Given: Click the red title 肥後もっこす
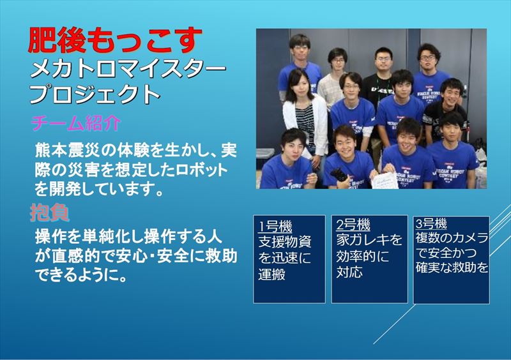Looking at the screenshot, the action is [x=115, y=40].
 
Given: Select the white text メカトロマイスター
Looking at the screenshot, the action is [x=128, y=70].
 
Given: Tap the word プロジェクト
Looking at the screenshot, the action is [x=95, y=94].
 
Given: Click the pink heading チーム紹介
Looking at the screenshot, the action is [x=75, y=123].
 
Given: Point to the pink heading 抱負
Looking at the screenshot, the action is [x=50, y=213].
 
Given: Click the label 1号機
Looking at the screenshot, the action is [x=275, y=226].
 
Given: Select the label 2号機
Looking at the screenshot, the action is [x=353, y=225].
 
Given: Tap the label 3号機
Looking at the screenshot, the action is [x=431, y=224].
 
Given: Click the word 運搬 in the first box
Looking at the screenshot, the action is [x=272, y=274].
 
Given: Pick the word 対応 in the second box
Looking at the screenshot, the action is [x=349, y=272].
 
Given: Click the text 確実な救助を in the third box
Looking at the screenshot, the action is [x=452, y=267].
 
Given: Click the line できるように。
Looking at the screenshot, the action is [x=80, y=276].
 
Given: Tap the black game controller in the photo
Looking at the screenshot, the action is [x=339, y=176].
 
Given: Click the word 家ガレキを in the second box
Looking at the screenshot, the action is [x=369, y=240].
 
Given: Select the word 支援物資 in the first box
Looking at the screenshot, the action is [x=285, y=241].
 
